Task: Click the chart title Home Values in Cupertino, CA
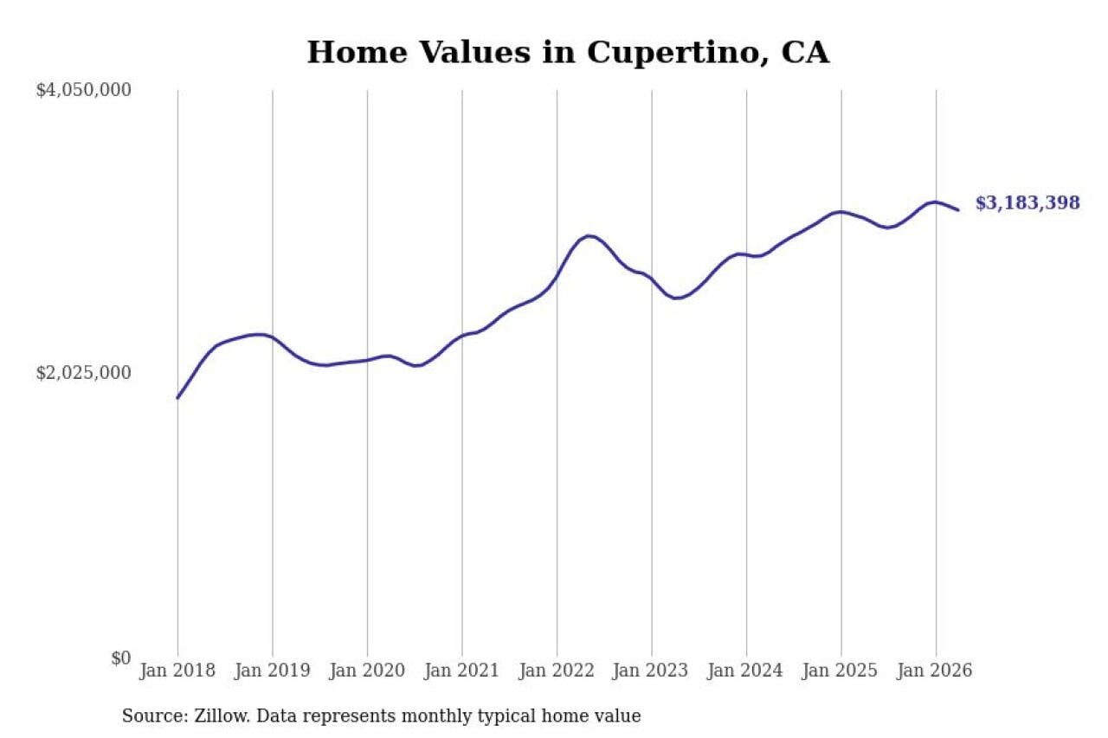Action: pyautogui.click(x=568, y=53)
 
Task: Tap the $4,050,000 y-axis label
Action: pyautogui.click(x=84, y=90)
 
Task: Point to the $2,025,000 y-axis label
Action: pyautogui.click(x=84, y=373)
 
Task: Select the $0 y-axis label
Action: pyautogui.click(x=120, y=658)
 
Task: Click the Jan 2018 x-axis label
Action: pyautogui.click(x=177, y=671)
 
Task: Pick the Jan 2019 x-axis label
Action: pyautogui.click(x=273, y=671)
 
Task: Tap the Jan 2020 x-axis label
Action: pyautogui.click(x=367, y=671)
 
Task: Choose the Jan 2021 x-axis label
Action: pyautogui.click(x=462, y=671)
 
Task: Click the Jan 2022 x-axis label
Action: pyautogui.click(x=557, y=671)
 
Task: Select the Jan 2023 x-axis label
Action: pyautogui.click(x=651, y=671)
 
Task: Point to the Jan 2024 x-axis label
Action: pyautogui.click(x=746, y=671)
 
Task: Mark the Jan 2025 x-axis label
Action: pyautogui.click(x=841, y=671)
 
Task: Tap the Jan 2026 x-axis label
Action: pyautogui.click(x=935, y=671)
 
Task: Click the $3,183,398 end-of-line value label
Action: pyautogui.click(x=1027, y=203)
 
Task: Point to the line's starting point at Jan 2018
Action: pyautogui.click(x=177, y=398)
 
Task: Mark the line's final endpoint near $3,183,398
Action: pyautogui.click(x=958, y=210)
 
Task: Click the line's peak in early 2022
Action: pyautogui.click(x=588, y=236)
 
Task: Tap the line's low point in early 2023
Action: pyautogui.click(x=677, y=298)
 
